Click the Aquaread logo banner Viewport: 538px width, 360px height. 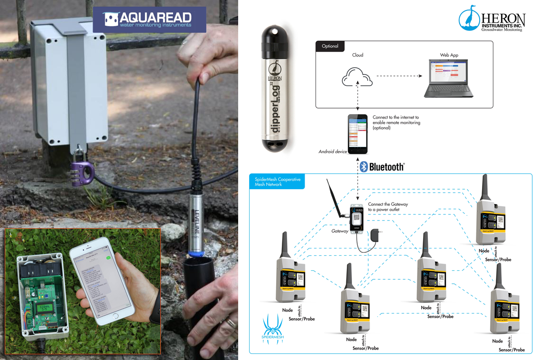click(x=149, y=19)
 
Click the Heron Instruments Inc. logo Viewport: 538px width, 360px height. click(x=492, y=18)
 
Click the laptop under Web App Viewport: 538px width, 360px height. click(x=448, y=80)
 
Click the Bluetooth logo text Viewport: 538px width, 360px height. click(x=382, y=166)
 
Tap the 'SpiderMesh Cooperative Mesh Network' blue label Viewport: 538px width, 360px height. click(x=277, y=182)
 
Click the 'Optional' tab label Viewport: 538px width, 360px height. click(x=330, y=46)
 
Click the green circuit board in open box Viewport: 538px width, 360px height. click(x=40, y=294)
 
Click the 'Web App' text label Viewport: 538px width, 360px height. click(x=449, y=55)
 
